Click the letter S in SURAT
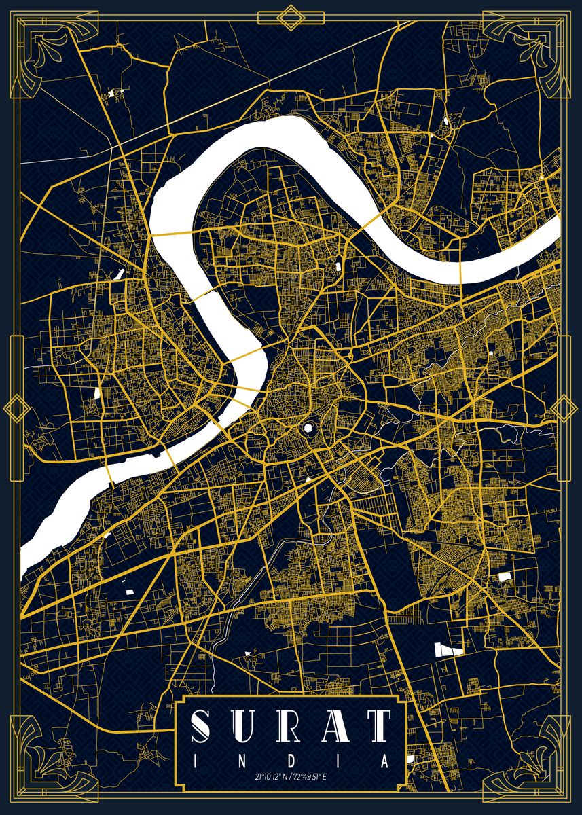[204, 728]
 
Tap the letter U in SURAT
[247, 728]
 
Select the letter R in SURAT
[291, 728]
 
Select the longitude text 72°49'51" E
[311, 776]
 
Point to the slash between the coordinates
[291, 776]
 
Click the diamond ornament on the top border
[291, 17]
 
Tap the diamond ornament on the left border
[16, 408]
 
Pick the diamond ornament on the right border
[565, 408]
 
